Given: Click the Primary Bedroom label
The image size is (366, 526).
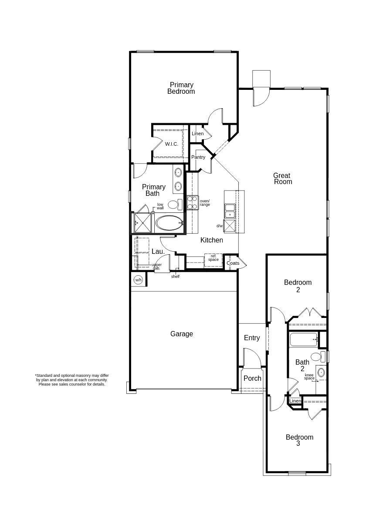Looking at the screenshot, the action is (x=181, y=88).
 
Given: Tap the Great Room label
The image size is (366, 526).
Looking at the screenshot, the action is (x=282, y=178).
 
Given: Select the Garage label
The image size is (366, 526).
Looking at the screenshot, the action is (x=182, y=334).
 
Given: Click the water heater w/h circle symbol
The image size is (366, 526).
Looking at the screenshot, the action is (x=138, y=280).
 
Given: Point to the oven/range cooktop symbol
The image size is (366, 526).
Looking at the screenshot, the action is (x=193, y=202).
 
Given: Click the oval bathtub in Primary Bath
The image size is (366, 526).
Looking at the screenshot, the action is (x=169, y=223).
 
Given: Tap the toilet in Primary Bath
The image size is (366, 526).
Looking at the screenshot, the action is (x=175, y=205).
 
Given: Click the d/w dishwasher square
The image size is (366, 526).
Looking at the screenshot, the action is (x=230, y=226).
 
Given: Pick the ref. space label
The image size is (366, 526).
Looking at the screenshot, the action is (x=213, y=258).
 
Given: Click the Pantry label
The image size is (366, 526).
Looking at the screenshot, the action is (x=198, y=157).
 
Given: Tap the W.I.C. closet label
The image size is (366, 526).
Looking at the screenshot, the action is (x=172, y=144).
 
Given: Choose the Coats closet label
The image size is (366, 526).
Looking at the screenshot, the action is (x=233, y=263).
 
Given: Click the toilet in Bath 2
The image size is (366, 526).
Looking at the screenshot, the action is (x=318, y=356).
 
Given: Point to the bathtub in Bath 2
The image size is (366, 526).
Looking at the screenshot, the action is (x=304, y=340).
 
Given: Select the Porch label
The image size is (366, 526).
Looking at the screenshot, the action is (x=252, y=378).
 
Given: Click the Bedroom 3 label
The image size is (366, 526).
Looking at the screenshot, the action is (x=299, y=440).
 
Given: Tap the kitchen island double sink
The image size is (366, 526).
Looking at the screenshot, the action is (x=230, y=211).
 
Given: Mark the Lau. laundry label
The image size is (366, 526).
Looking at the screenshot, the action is (x=158, y=252).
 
